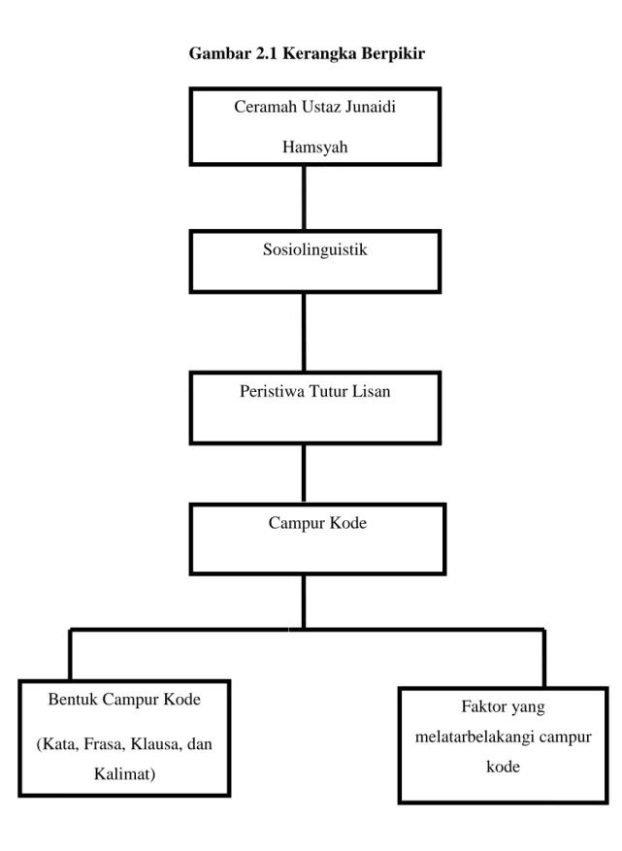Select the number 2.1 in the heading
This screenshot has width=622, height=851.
267,53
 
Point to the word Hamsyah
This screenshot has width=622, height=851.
314,147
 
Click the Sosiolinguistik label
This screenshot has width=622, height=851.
314,249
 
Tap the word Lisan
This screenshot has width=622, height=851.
372,391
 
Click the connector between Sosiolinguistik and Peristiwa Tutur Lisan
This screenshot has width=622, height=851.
304,332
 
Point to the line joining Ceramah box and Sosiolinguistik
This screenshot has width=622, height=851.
304,198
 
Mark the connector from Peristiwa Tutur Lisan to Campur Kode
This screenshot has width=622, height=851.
304,474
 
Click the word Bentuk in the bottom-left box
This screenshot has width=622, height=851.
72,699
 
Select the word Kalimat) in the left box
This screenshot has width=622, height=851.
124,773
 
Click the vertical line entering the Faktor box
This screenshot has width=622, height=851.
543,658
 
